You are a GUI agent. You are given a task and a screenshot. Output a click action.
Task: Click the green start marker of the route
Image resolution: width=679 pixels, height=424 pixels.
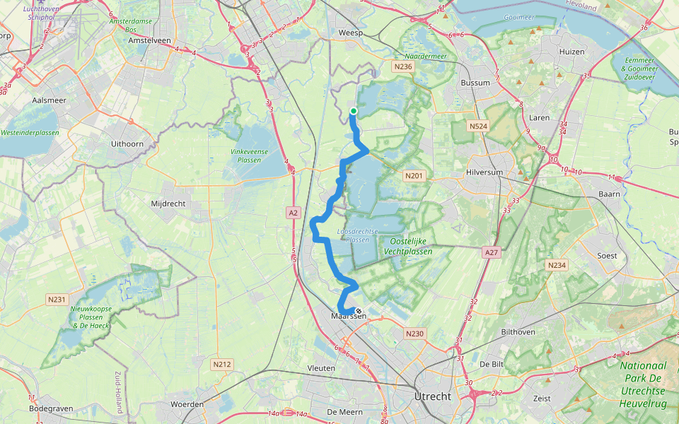[x=353, y=111]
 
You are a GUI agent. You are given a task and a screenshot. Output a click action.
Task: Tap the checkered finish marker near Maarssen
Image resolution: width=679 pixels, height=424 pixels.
[x=359, y=312]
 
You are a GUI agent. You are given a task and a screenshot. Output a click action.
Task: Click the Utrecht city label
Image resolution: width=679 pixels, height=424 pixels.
[x=433, y=396]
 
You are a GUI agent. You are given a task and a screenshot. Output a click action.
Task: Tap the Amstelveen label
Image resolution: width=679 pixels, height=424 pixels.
[x=151, y=41]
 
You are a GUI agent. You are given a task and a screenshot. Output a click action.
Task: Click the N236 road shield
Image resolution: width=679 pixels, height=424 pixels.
[x=402, y=66]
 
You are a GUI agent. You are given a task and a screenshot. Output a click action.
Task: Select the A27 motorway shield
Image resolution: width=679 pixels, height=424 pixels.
[x=492, y=252]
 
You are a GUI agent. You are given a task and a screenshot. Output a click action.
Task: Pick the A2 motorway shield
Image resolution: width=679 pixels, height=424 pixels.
[x=294, y=212]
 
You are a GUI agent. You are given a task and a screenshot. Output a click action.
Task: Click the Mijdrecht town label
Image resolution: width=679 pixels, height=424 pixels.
[x=168, y=204]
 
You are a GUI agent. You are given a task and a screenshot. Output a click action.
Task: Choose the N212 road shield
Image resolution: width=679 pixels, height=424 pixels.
[x=222, y=365]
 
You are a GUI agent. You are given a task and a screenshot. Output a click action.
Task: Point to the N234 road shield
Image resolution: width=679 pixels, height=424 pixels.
[x=557, y=265]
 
